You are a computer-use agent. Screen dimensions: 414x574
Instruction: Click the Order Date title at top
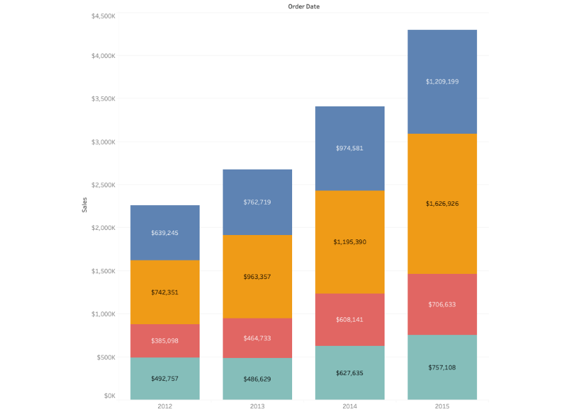[x=304, y=6]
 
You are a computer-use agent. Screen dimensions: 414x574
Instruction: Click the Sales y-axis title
[x=85, y=204]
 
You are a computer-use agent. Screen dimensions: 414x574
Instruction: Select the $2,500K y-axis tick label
[x=103, y=185]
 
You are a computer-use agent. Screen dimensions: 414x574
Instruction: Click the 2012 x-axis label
[x=165, y=406]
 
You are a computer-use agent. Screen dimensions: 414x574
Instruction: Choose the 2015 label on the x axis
[x=442, y=406]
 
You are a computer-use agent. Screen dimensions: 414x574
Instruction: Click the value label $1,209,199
[x=442, y=82]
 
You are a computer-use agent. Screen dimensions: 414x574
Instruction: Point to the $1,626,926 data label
[x=442, y=204]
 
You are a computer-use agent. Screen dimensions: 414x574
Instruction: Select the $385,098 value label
[x=165, y=341]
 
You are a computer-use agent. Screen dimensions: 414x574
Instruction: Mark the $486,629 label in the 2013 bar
[x=257, y=379]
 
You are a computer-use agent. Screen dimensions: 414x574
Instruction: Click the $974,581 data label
[x=350, y=148]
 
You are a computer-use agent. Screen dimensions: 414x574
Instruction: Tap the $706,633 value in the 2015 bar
[x=442, y=304]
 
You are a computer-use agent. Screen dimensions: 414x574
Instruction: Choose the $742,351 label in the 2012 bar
[x=165, y=292]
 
